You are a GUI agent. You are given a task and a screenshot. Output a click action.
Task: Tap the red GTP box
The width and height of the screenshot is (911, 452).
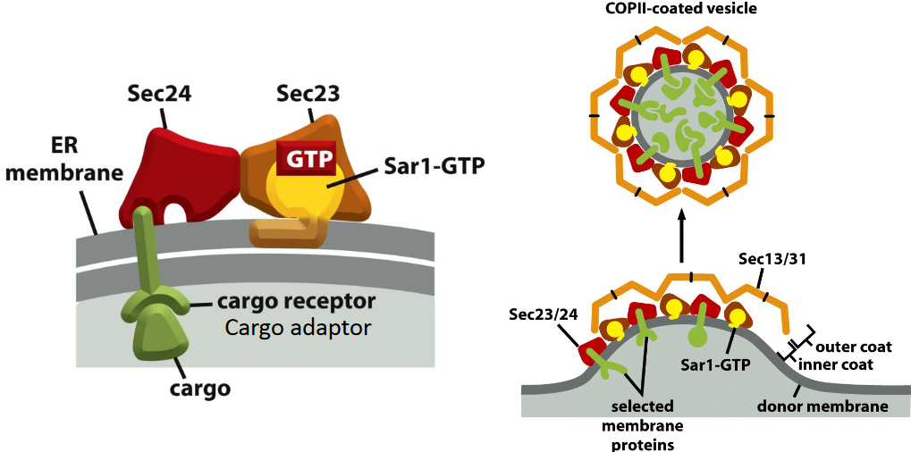pyautogui.click(x=306, y=161)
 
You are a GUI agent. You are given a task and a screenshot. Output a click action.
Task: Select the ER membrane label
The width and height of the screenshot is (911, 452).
pyautogui.click(x=65, y=160)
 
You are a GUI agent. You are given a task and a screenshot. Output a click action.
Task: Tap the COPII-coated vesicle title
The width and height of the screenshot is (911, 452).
pyautogui.click(x=681, y=10)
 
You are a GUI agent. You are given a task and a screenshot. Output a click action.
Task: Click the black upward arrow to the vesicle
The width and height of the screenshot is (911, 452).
pyautogui.click(x=681, y=237)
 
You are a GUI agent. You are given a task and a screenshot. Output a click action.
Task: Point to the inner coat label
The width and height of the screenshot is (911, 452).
pyautogui.click(x=837, y=364)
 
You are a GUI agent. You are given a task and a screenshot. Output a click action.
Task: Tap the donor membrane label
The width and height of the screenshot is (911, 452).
pyautogui.click(x=822, y=406)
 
